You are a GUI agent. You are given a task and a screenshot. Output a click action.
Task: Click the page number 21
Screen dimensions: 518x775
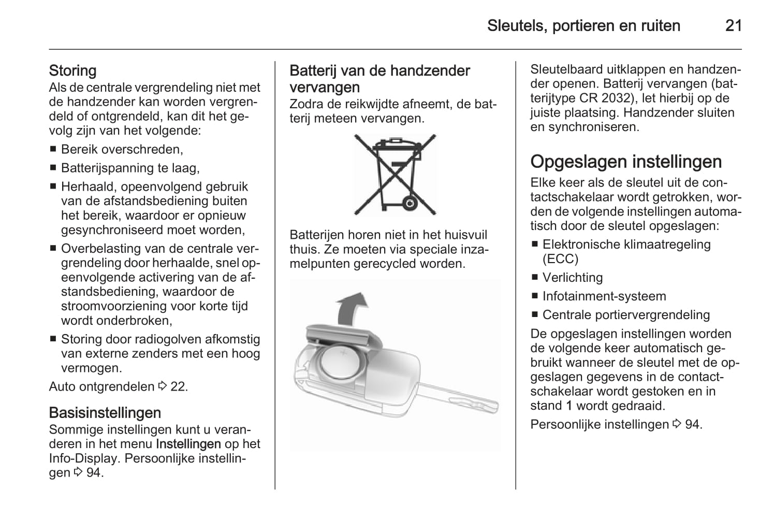pos(733,25)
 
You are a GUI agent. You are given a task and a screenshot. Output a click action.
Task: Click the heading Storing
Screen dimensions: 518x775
pos(72,70)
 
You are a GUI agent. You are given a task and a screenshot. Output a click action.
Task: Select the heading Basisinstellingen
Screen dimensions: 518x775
pos(105,413)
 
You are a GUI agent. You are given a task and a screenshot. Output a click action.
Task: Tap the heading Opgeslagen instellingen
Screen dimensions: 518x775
pos(625,162)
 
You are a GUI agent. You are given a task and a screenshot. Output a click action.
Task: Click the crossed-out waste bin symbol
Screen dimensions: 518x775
pos(395,175)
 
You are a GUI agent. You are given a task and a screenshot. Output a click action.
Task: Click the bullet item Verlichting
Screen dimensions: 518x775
pos(572,278)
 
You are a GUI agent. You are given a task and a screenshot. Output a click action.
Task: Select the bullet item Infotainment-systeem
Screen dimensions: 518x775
pos(604,296)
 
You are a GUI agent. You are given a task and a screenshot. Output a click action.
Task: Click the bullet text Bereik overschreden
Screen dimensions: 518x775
pos(122,150)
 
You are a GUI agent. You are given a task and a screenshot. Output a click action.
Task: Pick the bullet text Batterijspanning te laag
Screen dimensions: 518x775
pos(130,168)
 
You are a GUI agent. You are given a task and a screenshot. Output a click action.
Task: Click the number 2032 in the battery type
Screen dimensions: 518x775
pos(618,98)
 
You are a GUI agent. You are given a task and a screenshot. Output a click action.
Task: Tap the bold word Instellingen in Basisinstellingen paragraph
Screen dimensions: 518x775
pos(188,444)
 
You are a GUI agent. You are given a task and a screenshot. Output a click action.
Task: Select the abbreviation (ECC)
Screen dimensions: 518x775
pos(560,259)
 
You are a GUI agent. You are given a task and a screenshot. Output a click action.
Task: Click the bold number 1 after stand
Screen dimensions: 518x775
pos(568,406)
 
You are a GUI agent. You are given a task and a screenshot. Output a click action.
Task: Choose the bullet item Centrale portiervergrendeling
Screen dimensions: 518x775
pos(626,315)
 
